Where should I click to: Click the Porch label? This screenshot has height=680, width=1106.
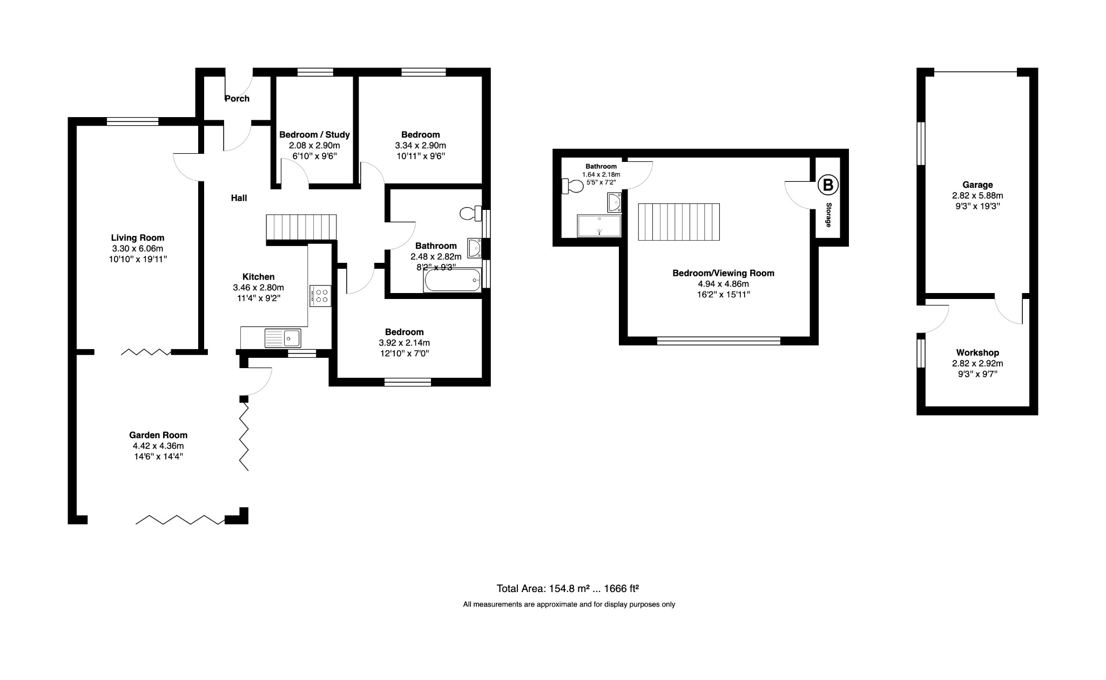point(237,98)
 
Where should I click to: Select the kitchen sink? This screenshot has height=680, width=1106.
point(283,338)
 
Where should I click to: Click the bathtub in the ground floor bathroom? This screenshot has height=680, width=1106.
point(453,280)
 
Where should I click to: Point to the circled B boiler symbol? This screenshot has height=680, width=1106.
point(828,186)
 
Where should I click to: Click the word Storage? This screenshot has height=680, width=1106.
point(828,215)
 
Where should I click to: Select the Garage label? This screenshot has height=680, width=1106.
point(977,185)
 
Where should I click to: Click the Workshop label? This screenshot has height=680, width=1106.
point(977,353)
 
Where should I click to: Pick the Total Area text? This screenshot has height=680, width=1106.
point(568,588)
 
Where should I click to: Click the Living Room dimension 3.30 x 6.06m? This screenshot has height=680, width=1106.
point(138,248)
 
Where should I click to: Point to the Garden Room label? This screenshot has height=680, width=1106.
point(158,435)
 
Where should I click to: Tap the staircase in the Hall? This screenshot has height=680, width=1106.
point(301,227)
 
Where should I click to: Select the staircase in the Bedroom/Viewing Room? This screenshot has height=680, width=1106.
point(679,222)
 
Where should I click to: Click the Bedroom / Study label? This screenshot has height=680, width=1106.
point(314,134)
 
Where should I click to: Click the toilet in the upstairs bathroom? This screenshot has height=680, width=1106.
point(572,186)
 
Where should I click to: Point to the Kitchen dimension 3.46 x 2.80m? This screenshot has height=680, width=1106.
point(258,288)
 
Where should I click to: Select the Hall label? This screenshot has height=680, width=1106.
point(239,198)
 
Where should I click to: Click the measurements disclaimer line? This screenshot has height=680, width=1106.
point(569,604)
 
